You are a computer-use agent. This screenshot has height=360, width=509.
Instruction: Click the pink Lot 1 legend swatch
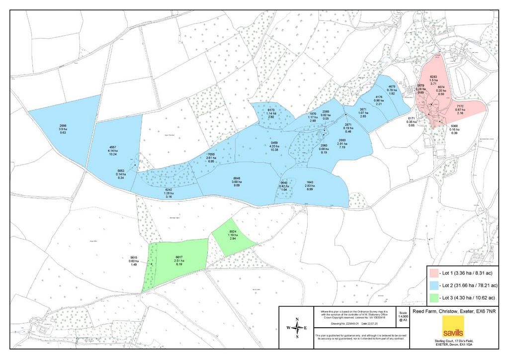click(x=434, y=273)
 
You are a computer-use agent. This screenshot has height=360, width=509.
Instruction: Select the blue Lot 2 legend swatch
click(x=434, y=285)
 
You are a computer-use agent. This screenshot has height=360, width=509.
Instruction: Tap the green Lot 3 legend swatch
click(x=434, y=298)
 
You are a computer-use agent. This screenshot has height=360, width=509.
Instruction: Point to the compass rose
click(x=297, y=328)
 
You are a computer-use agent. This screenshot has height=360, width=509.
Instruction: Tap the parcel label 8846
click(x=237, y=178)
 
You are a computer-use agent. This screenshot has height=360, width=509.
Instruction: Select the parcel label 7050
click(x=211, y=155)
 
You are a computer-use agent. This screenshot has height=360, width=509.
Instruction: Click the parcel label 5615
click(x=133, y=258)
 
